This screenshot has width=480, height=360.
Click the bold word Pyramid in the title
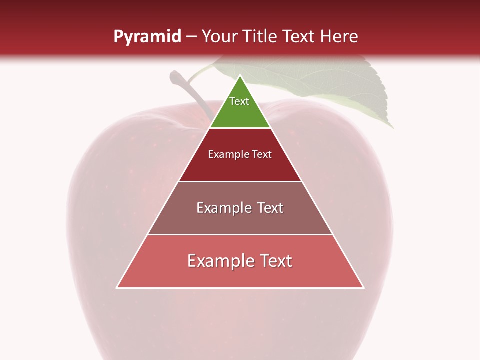pos(147,37)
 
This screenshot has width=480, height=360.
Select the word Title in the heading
pos(262,37)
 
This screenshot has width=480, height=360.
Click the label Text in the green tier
pos(239,101)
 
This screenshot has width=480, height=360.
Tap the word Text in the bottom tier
pos(275,261)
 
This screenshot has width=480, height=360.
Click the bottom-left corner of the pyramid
pos(117,287)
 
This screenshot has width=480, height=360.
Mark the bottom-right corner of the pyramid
pos(363,287)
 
